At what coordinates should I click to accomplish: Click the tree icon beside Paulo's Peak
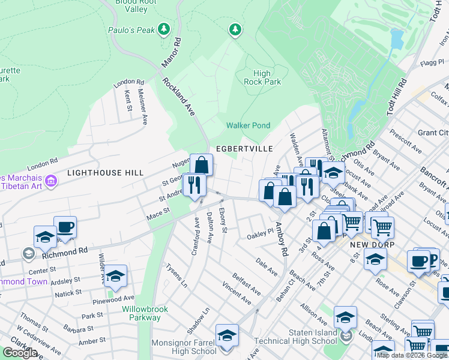[x=163, y=29]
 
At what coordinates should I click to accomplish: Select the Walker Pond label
[x=248, y=125]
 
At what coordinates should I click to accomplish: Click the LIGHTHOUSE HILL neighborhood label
[x=105, y=172]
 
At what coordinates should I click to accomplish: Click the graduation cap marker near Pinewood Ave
[x=115, y=277]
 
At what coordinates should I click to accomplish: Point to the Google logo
[x=20, y=353]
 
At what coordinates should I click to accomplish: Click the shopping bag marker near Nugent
[x=202, y=165]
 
